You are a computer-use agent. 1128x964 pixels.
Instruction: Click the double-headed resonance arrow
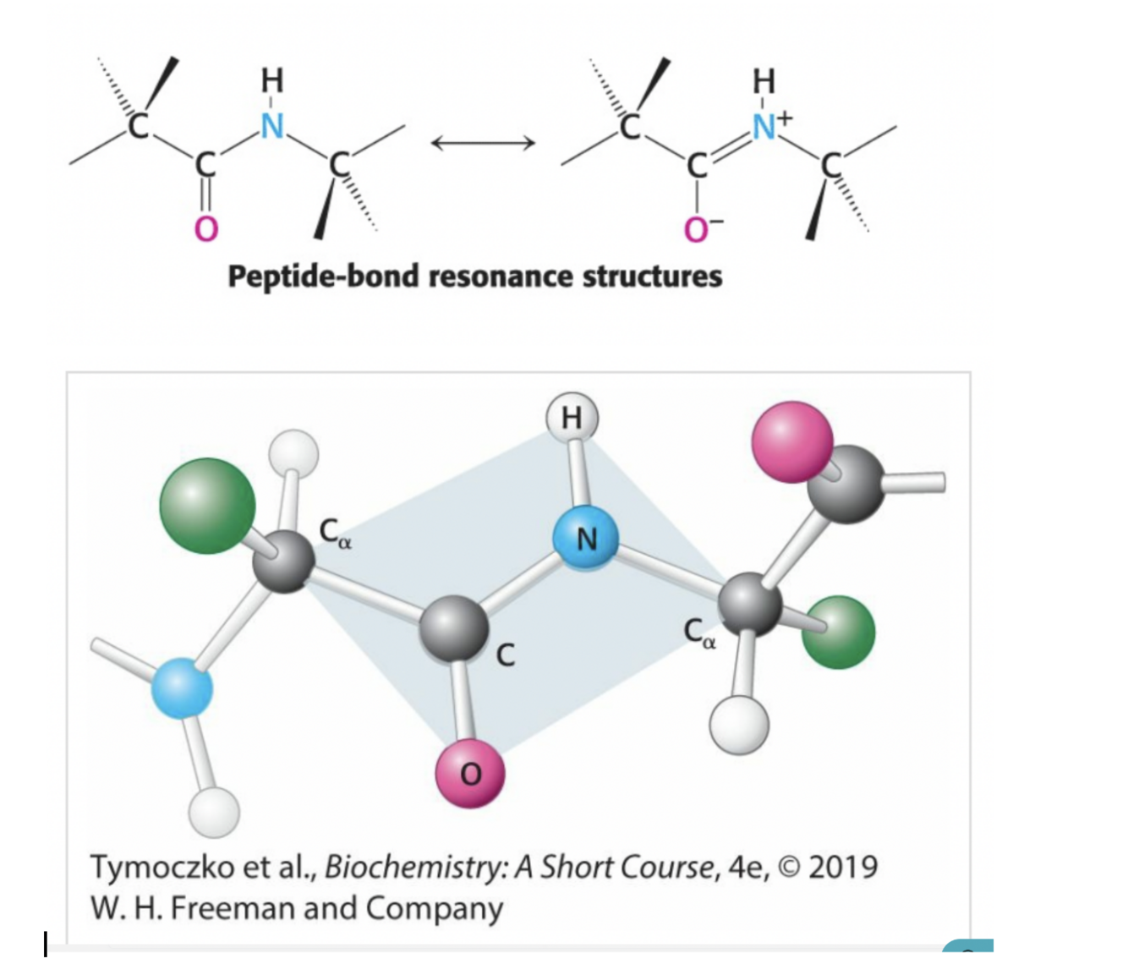[x=483, y=144]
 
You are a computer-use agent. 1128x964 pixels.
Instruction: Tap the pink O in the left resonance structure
[x=206, y=227]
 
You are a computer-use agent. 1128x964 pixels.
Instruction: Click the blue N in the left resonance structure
[x=271, y=126]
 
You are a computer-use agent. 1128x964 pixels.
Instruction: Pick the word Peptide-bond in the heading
[x=323, y=277]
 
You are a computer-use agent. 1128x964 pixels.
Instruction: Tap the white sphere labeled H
[x=572, y=418]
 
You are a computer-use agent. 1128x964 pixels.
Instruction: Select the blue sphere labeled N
[x=585, y=537]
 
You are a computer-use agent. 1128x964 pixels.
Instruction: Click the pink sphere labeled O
[x=470, y=771]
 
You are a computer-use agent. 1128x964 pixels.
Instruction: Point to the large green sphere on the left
[x=208, y=506]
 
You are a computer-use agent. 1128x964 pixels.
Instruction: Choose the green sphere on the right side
[x=838, y=632]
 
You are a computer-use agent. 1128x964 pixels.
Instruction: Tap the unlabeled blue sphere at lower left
[x=183, y=688]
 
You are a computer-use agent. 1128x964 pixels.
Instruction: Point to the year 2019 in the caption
[x=843, y=867]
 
